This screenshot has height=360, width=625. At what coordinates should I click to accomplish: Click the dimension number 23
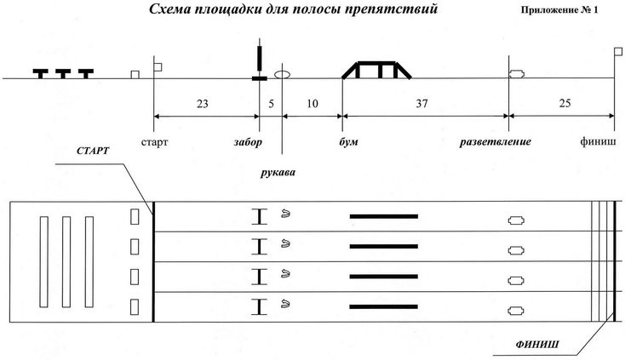[202, 104]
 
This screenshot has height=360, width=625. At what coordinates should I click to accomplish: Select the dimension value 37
[421, 104]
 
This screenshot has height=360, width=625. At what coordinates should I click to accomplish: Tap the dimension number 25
[565, 103]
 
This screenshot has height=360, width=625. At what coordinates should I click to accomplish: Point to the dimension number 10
[312, 104]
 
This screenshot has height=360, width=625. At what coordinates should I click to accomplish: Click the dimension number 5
[271, 104]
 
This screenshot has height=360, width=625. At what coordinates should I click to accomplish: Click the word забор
[248, 142]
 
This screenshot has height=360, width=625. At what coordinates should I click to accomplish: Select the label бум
[348, 142]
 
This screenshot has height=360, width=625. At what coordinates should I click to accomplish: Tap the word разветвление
[495, 142]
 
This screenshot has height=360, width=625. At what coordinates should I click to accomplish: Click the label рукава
[278, 173]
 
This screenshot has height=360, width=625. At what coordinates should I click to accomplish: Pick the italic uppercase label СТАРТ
[93, 151]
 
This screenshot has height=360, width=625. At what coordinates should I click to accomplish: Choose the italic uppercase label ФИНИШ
[537, 344]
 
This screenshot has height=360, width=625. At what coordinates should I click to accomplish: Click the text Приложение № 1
[559, 10]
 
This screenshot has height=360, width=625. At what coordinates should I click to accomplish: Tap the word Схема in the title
[169, 9]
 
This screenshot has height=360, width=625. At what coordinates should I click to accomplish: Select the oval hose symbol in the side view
[282, 74]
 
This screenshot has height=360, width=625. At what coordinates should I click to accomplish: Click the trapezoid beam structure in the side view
[376, 70]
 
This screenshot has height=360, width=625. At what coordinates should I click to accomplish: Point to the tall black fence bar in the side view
[260, 58]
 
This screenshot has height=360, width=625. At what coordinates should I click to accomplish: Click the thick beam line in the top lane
[384, 217]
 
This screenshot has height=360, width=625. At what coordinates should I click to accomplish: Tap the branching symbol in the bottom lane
[516, 311]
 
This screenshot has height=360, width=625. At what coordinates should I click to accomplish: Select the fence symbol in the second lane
[260, 247]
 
